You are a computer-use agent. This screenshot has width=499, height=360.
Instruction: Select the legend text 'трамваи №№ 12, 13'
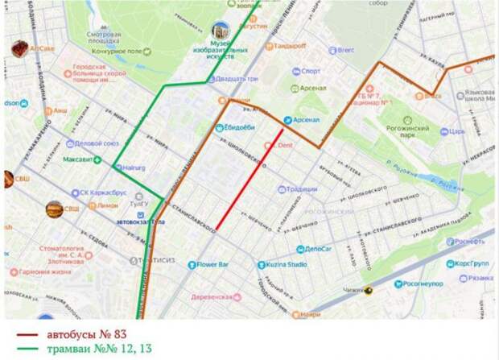(x=100, y=348)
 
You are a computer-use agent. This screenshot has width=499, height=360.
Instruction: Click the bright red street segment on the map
(x=249, y=179)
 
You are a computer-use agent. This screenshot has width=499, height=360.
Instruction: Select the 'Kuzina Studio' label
(x=287, y=264)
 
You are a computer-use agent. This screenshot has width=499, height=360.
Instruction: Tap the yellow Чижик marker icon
(x=369, y=291)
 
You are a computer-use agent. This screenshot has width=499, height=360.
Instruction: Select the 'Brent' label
(x=345, y=50)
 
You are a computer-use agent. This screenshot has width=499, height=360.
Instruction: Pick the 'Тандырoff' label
(x=290, y=46)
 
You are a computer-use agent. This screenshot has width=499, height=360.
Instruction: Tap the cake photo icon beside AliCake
(x=19, y=49)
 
